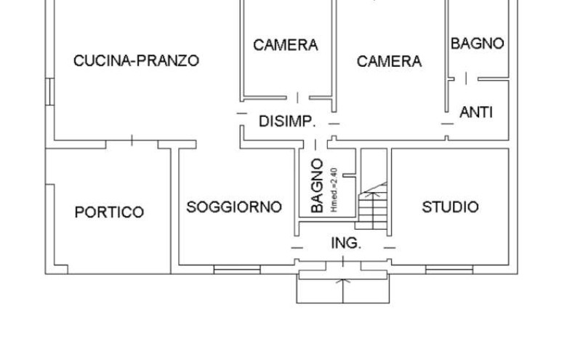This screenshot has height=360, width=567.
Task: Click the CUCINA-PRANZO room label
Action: click(x=137, y=60)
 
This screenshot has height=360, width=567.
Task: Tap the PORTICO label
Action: click(x=109, y=212)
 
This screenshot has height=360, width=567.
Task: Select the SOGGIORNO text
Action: click(x=234, y=207)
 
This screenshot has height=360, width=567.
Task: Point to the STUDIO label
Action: click(x=450, y=207)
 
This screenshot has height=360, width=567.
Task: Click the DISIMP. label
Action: click(x=287, y=121)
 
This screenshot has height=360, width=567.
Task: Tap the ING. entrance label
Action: click(x=346, y=243)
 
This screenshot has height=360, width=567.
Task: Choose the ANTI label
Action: click(x=476, y=113)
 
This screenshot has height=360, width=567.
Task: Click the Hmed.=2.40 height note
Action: click(x=334, y=190)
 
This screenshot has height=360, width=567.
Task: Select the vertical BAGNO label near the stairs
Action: click(x=317, y=185)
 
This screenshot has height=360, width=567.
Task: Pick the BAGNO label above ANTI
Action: click(x=478, y=44)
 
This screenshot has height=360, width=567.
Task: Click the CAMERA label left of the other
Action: click(x=286, y=45)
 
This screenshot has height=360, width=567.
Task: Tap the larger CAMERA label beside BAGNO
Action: click(x=389, y=61)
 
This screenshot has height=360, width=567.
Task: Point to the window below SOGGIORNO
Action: click(x=237, y=270)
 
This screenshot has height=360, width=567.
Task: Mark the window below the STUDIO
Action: click(x=449, y=270)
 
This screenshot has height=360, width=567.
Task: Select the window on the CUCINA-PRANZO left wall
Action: click(x=49, y=92)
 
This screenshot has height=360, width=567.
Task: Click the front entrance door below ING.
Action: click(x=343, y=265)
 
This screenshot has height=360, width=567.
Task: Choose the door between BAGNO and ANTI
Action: click(x=466, y=78)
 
